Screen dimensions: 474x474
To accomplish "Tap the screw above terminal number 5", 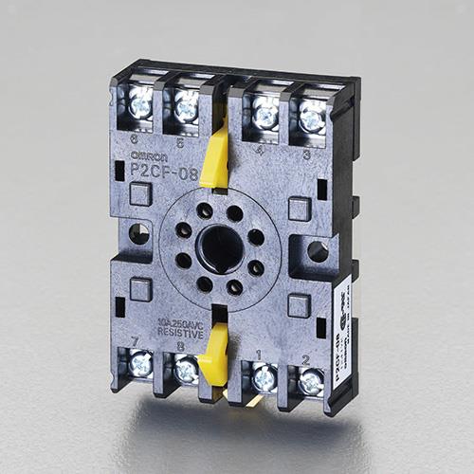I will (x=187, y=108).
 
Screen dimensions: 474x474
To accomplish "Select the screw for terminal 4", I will (x=266, y=115).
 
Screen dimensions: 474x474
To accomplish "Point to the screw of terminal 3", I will (x=312, y=118).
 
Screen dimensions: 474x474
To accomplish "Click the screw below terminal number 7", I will (x=140, y=363).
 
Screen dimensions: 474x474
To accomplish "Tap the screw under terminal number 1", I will (x=264, y=377).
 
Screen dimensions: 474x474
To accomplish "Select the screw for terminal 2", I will (x=311, y=382).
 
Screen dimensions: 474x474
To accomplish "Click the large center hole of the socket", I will (x=219, y=247).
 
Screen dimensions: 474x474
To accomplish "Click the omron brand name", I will (x=149, y=155).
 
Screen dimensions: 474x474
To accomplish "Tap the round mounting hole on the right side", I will (x=318, y=251).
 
